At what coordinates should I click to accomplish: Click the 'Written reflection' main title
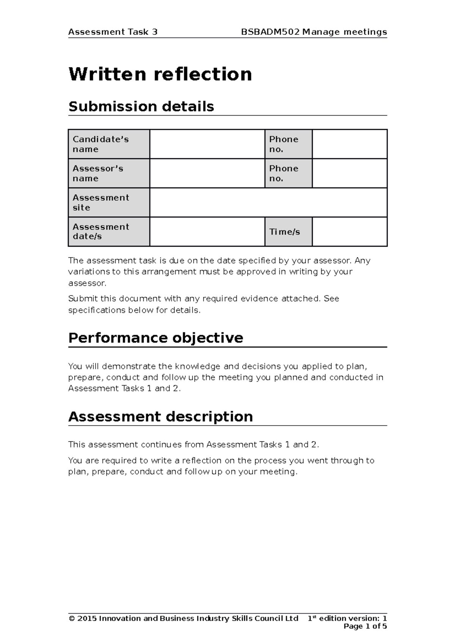point(160,74)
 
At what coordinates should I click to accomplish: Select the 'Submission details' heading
point(141,107)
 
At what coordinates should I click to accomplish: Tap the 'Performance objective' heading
point(155,338)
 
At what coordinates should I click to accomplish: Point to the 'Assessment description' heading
point(160,416)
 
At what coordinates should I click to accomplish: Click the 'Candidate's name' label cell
point(109,144)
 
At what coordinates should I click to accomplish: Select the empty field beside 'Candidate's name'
point(207,144)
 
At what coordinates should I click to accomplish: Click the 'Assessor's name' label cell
point(109,173)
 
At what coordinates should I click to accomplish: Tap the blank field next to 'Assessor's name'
point(207,173)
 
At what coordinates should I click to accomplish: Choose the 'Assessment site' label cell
point(109,203)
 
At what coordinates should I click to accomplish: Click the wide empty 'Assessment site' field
point(268,203)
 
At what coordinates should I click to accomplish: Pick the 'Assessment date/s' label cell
point(109,232)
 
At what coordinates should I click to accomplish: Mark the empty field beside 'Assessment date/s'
point(207,232)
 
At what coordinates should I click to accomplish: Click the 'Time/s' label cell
point(288,232)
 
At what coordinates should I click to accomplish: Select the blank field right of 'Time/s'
point(350,232)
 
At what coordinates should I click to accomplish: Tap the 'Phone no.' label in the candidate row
point(288,144)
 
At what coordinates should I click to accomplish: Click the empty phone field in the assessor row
point(350,173)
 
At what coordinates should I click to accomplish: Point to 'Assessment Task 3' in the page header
point(113,32)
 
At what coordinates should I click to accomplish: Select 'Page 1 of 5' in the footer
point(365,626)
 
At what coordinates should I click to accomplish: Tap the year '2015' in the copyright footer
point(87,618)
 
